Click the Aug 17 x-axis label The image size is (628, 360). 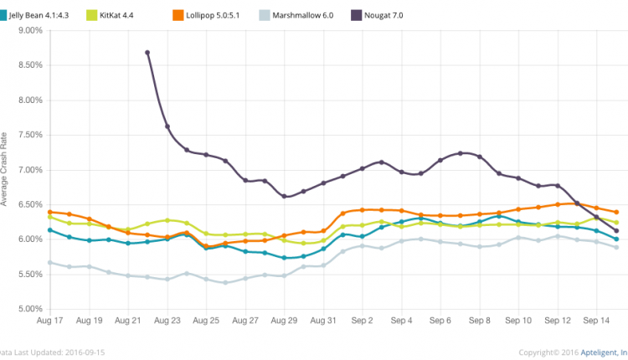pyautogui.click(x=50, y=321)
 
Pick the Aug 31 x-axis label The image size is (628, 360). pyautogui.click(x=323, y=321)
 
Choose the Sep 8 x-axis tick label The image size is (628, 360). pyautogui.click(x=479, y=321)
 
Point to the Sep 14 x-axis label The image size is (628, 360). pyautogui.click(x=597, y=321)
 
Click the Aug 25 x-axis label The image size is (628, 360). pyautogui.click(x=206, y=321)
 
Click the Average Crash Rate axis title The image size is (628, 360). pyautogui.click(x=4, y=168)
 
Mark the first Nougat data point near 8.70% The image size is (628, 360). pyautogui.click(x=147, y=53)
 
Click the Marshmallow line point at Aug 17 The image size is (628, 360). pyautogui.click(x=50, y=263)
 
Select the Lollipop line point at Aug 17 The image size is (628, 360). pyautogui.click(x=50, y=212)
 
